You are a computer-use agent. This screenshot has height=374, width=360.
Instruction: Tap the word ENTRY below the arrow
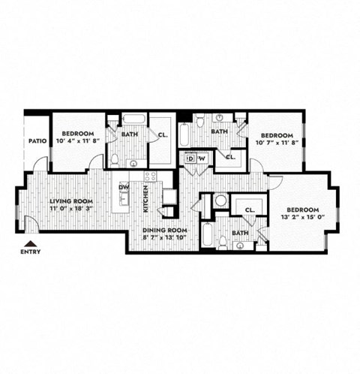29,252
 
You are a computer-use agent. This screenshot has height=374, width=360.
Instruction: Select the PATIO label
38,140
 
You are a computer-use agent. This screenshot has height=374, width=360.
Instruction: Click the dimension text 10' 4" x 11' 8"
78,140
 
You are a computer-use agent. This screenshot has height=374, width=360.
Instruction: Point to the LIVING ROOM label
70,201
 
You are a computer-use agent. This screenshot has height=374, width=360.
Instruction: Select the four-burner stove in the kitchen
150,178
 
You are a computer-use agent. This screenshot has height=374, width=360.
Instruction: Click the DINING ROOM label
165,230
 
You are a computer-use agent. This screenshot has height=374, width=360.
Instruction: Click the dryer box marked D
190,159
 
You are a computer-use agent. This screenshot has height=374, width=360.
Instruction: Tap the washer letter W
201,159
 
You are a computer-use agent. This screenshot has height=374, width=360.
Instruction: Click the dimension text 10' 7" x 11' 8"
274,140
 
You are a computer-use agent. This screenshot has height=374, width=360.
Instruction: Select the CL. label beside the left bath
162,135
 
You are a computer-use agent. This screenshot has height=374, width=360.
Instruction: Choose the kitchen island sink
124,201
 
